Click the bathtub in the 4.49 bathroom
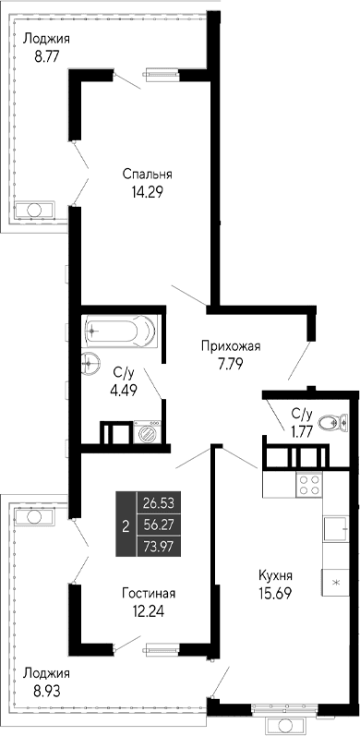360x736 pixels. pyautogui.click(x=120, y=330)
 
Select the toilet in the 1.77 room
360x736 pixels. pyautogui.click(x=327, y=424)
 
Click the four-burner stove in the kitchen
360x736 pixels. pyautogui.click(x=309, y=484)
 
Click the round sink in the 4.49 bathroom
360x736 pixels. pyautogui.click(x=91, y=360)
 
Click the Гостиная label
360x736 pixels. pyautogui.click(x=148, y=593)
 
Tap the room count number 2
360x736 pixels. pyautogui.click(x=125, y=525)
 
